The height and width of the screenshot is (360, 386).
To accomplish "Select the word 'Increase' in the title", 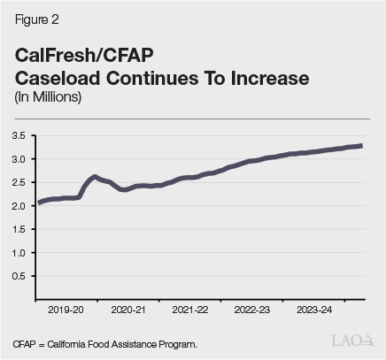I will pos(264,78).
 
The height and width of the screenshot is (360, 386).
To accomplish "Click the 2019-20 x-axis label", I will pos(67,311).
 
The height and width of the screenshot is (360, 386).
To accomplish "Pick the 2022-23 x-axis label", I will pos(253,311).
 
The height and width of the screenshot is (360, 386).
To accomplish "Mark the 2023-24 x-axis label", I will pos(315,311).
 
